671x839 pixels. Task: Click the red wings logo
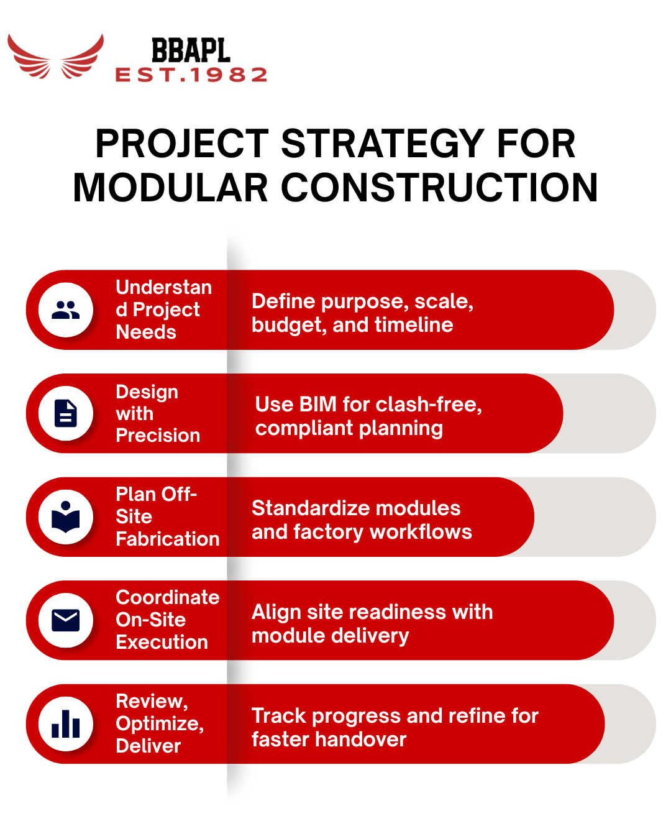pos(56,57)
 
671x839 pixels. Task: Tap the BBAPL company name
pos(191,51)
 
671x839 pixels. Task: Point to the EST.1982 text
pos(191,75)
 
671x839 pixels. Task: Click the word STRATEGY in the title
pos(383,144)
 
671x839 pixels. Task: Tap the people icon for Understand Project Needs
pos(66,309)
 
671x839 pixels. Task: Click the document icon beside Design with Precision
pos(66,413)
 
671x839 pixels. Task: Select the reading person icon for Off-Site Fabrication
pos(66,516)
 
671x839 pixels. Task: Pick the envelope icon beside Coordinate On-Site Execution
pos(66,620)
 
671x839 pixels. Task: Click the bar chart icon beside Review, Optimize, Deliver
pos(66,724)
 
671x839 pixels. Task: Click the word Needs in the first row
pos(146,332)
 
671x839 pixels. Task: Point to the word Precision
pos(158,435)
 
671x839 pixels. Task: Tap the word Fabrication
pos(168,539)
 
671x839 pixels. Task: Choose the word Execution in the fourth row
pos(162,642)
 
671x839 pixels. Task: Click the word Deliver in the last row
pos(148,746)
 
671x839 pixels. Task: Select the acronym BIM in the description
pos(317,405)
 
